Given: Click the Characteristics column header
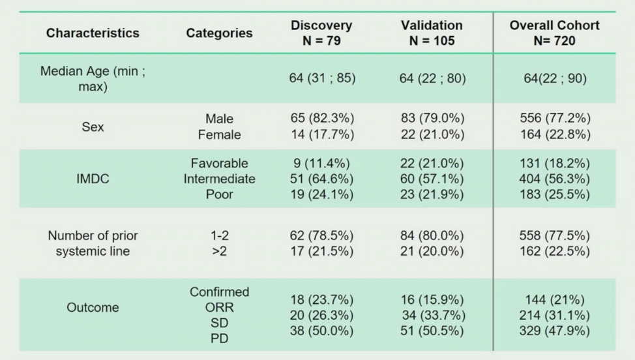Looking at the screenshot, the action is pyautogui.click(x=93, y=33).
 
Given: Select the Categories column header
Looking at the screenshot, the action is pyautogui.click(x=219, y=33).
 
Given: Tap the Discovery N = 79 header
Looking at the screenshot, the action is pyautogui.click(x=321, y=33).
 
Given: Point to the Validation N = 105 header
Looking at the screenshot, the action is pyautogui.click(x=432, y=33).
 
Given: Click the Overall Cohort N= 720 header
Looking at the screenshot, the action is pyautogui.click(x=554, y=33).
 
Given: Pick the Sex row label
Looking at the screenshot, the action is pyautogui.click(x=93, y=127).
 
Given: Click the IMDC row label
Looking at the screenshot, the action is pyautogui.click(x=93, y=179).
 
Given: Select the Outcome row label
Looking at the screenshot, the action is pyautogui.click(x=93, y=307).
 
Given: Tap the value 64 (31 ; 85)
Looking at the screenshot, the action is pyautogui.click(x=322, y=78).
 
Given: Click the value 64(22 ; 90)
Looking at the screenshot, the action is pyautogui.click(x=555, y=78).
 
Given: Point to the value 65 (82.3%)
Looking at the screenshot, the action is pyautogui.click(x=322, y=118).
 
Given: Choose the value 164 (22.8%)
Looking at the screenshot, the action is pyautogui.click(x=555, y=134).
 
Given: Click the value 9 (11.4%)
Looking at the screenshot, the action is pyautogui.click(x=322, y=163).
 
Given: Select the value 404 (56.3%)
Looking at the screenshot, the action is pyautogui.click(x=554, y=179).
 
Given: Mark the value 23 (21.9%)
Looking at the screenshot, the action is pyautogui.click(x=432, y=194).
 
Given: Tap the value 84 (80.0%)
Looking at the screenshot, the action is pyautogui.click(x=432, y=235).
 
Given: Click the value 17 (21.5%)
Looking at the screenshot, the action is pyautogui.click(x=322, y=251).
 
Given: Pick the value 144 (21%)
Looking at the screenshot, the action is pyautogui.click(x=555, y=299).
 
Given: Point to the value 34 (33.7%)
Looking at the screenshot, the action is pyautogui.click(x=434, y=315).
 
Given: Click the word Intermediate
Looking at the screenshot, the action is pyautogui.click(x=220, y=179).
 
